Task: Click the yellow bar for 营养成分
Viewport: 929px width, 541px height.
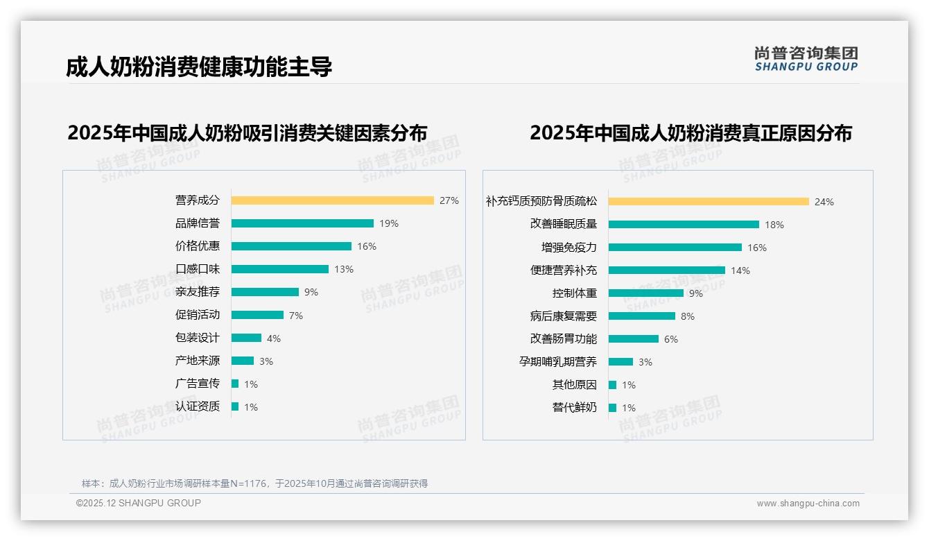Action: (x=332, y=200)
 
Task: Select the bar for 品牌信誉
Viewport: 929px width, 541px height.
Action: (x=302, y=223)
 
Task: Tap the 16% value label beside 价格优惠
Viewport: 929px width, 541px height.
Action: (x=367, y=246)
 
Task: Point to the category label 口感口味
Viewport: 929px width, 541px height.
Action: (x=198, y=269)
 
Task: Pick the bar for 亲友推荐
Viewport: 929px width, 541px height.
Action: (x=265, y=292)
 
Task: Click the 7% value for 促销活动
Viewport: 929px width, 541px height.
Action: (x=296, y=316)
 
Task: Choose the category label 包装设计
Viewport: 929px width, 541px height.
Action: (x=198, y=338)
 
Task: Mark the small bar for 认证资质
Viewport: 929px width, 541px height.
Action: (x=235, y=406)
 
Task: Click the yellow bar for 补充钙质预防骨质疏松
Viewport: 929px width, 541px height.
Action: (x=709, y=202)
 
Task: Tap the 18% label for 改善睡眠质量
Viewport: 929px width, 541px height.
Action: (x=774, y=225)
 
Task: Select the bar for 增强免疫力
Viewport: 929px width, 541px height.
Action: (x=675, y=248)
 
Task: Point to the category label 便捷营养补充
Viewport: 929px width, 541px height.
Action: (x=564, y=270)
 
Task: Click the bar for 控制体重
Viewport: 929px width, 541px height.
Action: (x=646, y=293)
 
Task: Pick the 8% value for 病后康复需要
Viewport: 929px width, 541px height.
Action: (x=688, y=316)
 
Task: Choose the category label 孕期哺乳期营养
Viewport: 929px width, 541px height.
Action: (x=558, y=362)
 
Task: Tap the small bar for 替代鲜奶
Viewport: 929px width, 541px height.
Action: (x=612, y=408)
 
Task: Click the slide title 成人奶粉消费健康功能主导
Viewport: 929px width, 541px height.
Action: (x=199, y=67)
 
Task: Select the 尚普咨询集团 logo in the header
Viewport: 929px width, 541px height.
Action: (x=806, y=59)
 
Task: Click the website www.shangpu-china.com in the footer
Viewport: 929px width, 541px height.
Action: (x=808, y=504)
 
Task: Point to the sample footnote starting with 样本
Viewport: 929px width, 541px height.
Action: (x=254, y=483)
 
